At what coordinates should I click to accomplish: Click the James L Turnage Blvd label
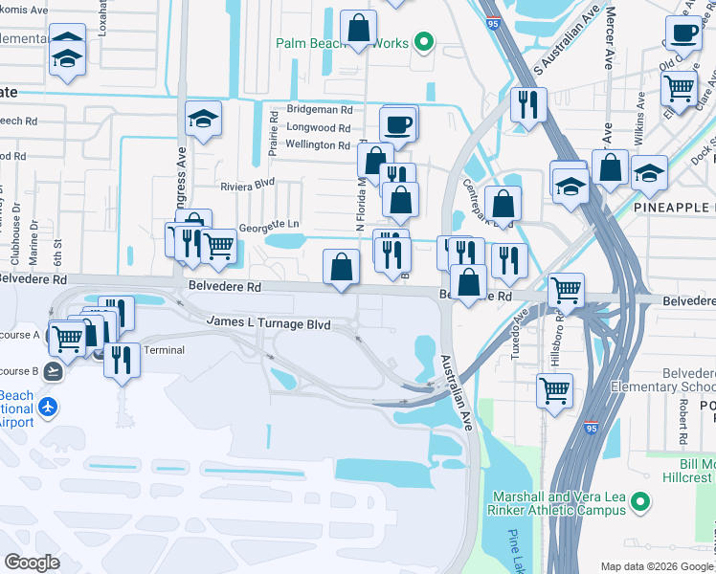click(x=269, y=325)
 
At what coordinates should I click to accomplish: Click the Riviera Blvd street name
click(x=247, y=185)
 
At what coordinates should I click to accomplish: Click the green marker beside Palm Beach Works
click(x=423, y=42)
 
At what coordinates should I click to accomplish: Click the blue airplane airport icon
click(x=46, y=408)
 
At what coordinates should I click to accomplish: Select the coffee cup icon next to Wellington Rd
click(x=397, y=123)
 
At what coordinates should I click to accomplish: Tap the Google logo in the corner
click(x=34, y=562)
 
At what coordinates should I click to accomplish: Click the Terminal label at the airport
click(x=164, y=350)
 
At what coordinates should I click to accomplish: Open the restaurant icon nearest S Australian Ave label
click(x=527, y=102)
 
